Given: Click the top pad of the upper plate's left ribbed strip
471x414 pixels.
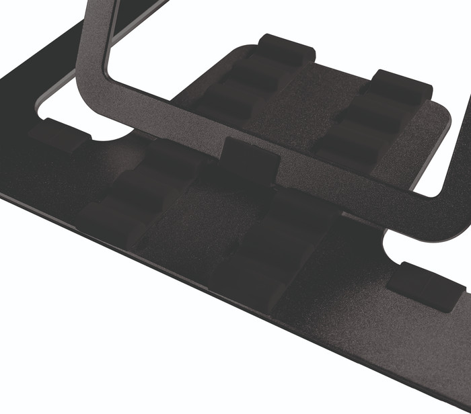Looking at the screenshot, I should coord(287,49).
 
